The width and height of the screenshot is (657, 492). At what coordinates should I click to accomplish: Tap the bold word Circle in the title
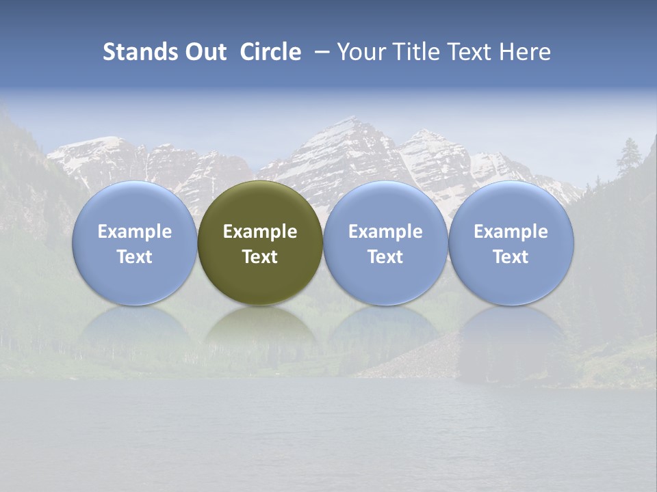click(x=270, y=52)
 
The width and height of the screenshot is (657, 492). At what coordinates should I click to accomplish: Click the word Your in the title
click(x=361, y=52)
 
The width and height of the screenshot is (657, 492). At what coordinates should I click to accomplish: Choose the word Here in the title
click(x=525, y=52)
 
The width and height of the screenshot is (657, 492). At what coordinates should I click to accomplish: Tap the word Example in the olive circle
click(x=260, y=232)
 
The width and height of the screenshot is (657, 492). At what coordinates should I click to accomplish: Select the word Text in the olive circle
click(x=260, y=257)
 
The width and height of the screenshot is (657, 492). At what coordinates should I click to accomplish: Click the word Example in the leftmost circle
click(x=135, y=232)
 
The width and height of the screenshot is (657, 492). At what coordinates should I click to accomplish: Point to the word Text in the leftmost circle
click(x=135, y=257)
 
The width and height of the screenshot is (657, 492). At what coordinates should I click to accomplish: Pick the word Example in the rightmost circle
click(x=511, y=232)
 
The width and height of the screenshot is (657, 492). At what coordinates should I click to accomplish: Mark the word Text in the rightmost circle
click(x=511, y=257)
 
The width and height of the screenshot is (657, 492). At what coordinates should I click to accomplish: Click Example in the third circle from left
click(x=385, y=232)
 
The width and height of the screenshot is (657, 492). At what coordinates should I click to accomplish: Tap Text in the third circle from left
click(x=385, y=257)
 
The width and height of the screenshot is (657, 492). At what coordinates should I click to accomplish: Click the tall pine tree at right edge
click(x=628, y=157)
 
